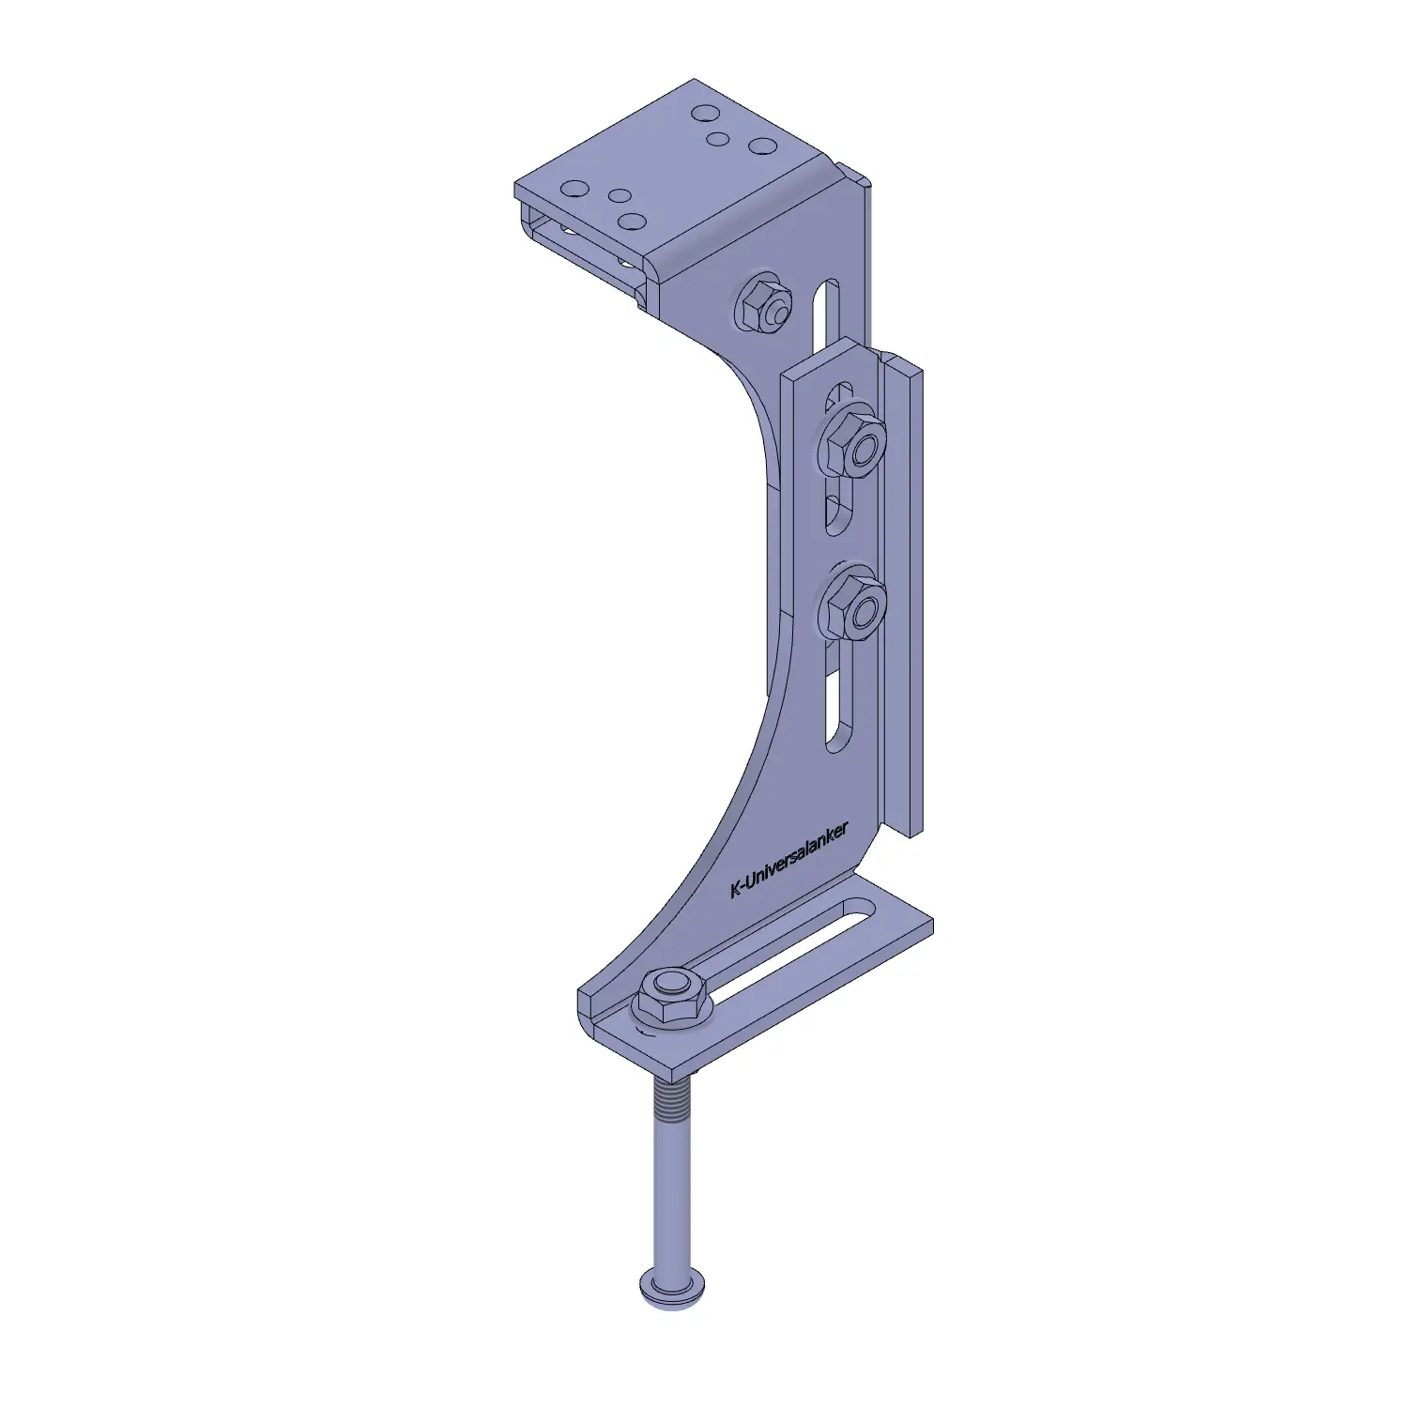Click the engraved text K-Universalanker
(789, 860)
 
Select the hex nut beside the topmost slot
(763, 302)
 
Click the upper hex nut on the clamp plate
(854, 441)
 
